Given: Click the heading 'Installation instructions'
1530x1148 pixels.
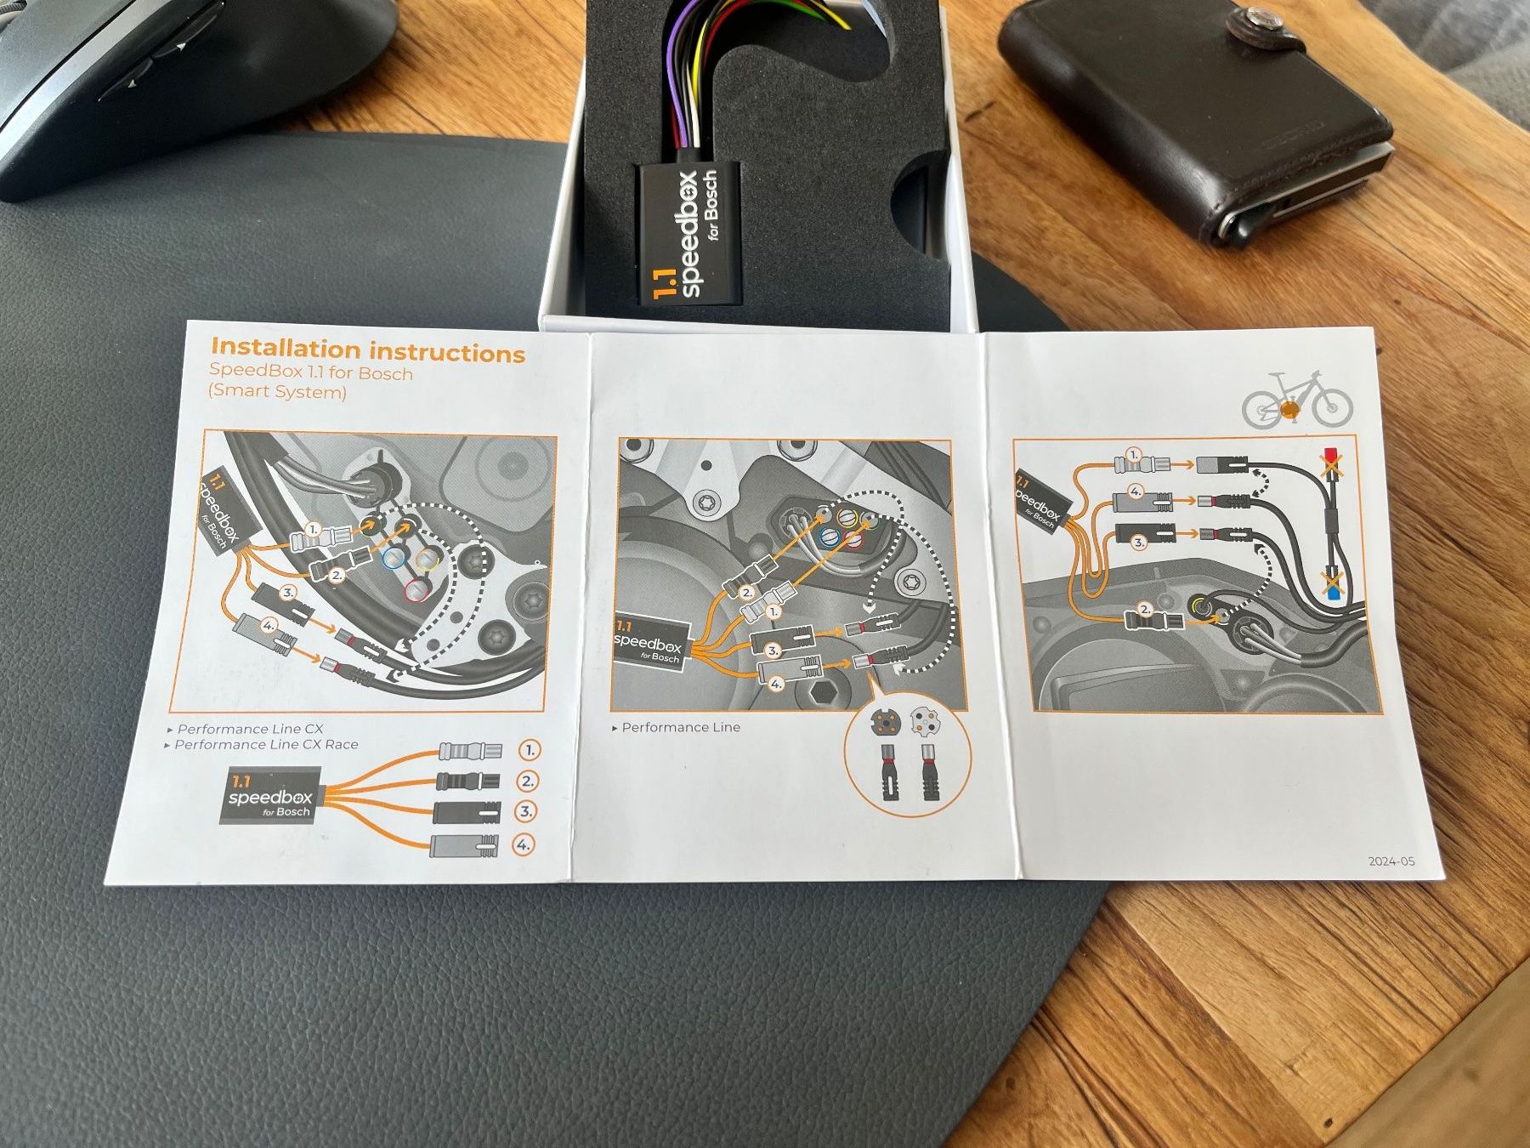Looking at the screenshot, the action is (x=368, y=350).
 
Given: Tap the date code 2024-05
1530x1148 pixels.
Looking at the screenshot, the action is (x=1391, y=861).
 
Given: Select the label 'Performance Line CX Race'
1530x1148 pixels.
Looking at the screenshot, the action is (x=267, y=745).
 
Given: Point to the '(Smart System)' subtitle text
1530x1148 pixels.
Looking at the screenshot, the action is (x=277, y=392).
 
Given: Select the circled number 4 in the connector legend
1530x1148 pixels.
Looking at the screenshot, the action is (x=524, y=845).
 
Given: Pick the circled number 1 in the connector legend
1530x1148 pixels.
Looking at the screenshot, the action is (x=529, y=751).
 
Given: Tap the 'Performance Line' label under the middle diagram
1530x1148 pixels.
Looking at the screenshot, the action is (x=681, y=728).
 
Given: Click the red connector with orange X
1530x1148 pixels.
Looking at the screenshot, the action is (x=1331, y=464).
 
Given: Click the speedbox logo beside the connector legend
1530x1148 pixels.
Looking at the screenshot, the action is (x=269, y=796).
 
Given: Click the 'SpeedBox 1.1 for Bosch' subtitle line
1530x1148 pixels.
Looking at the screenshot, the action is (x=311, y=372).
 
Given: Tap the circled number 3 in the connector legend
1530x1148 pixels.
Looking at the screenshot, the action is (x=526, y=812).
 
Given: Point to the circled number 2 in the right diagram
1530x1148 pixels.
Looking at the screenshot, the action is (x=1145, y=608).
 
